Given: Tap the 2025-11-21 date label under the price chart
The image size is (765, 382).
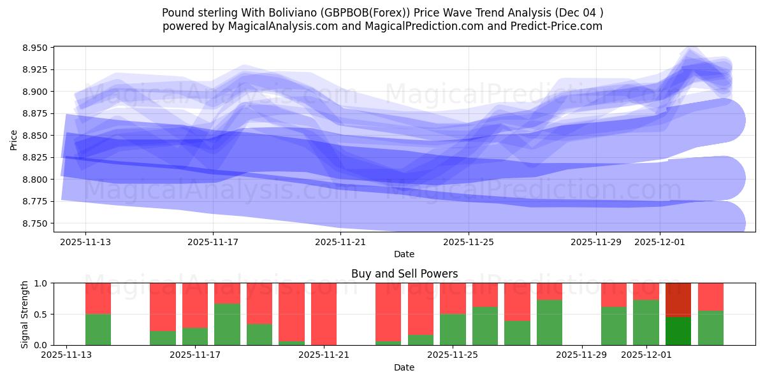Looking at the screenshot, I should coord(340,242).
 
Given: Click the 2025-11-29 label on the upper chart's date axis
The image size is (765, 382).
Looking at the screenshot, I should coord(595,242).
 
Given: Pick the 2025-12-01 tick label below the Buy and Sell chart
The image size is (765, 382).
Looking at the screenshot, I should coord(646,355).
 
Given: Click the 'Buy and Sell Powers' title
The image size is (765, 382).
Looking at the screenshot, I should coord(404,274).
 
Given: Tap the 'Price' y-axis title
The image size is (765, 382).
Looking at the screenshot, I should coord(14,139).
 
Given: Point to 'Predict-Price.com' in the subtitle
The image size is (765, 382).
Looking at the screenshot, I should coord(560,26).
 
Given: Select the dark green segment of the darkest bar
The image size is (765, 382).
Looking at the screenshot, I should coord(678,331).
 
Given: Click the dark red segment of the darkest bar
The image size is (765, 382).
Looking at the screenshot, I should coord(678,299).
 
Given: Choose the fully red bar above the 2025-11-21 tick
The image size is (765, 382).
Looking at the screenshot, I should coord(324,314).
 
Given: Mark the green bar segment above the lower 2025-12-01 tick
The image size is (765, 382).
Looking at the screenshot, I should coord(646,322).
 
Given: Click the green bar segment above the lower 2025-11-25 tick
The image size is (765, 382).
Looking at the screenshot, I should coord(453,330).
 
